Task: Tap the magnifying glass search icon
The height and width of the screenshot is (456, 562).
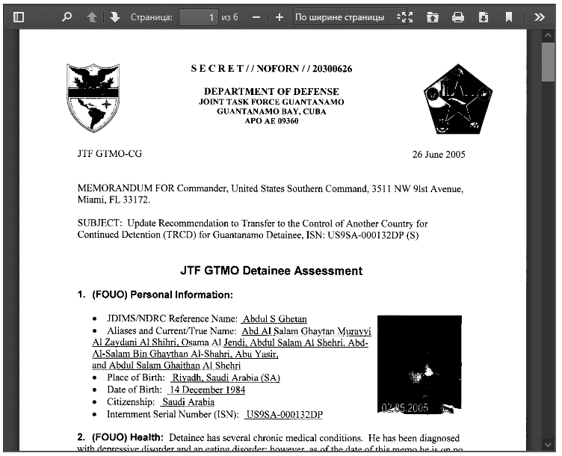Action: pos(67,16)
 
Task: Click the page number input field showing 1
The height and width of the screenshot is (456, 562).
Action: pos(198,16)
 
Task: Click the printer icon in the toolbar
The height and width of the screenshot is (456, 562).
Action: pos(458,16)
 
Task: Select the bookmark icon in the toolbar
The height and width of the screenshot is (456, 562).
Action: pos(508,16)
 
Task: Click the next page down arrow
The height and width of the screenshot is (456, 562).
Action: pos(114,16)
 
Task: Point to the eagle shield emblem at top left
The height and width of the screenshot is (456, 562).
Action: pos(93,97)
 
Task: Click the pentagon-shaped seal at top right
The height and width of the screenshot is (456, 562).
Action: pos(457,98)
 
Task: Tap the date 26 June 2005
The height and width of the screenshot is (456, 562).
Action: pos(439,155)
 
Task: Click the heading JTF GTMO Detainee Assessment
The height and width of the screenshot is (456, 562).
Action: pos(271,271)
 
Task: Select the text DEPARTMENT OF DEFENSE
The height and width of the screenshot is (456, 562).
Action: pos(271,91)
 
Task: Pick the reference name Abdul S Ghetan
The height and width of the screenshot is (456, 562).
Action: pos(274,319)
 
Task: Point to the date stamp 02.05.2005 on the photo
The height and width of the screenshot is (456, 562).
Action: pos(404,408)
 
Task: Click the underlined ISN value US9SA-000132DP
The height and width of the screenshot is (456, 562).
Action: pos(284,414)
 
